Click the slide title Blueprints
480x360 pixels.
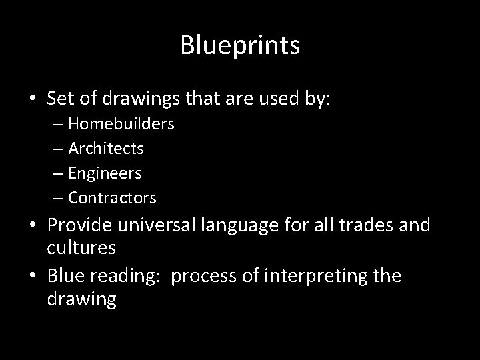(x=240, y=46)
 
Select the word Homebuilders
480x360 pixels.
(x=121, y=124)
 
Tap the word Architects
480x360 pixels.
(x=106, y=149)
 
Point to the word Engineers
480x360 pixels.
(x=105, y=173)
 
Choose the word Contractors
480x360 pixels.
(x=112, y=198)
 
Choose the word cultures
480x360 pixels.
(x=82, y=248)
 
